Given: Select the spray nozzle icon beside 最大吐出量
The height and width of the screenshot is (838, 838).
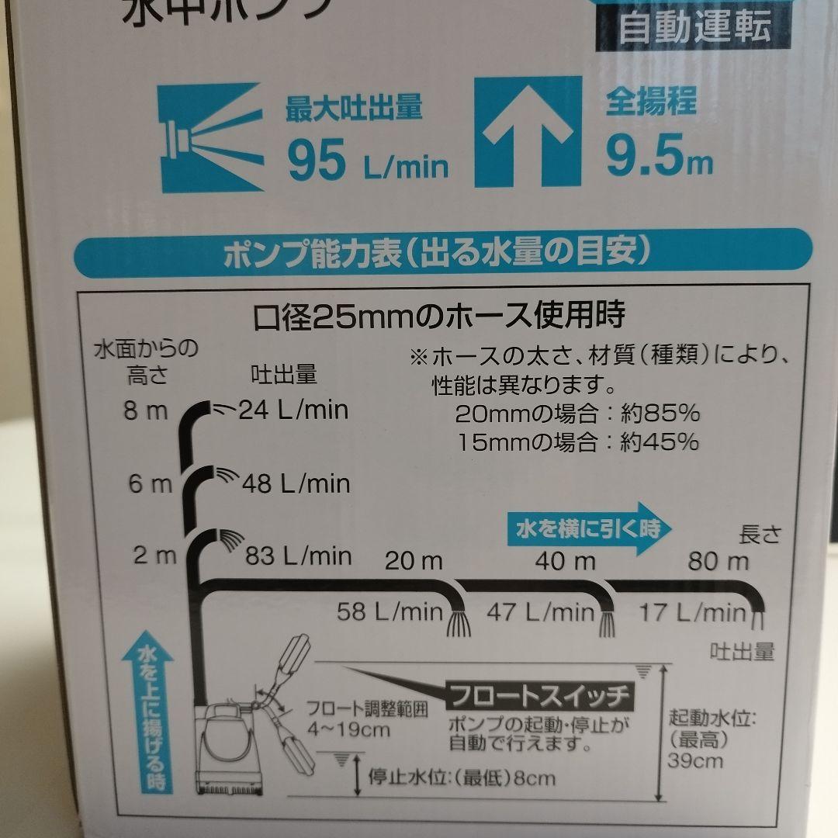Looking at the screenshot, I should pyautogui.click(x=209, y=137).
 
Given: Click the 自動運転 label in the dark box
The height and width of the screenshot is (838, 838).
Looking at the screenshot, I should pyautogui.click(x=694, y=28).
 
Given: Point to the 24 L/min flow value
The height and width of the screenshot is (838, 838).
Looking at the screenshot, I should pyautogui.click(x=293, y=409).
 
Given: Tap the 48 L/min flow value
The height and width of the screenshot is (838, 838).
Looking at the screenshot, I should pyautogui.click(x=296, y=484).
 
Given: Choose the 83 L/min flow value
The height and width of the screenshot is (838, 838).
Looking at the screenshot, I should pyautogui.click(x=298, y=556).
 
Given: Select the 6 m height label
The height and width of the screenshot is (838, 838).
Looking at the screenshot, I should pyautogui.click(x=151, y=485).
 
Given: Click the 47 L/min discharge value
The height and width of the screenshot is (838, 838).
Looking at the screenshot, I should pyautogui.click(x=540, y=612).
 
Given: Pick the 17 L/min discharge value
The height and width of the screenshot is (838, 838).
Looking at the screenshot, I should pyautogui.click(x=692, y=613).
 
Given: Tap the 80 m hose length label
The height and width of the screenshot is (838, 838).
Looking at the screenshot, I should pyautogui.click(x=719, y=561).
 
